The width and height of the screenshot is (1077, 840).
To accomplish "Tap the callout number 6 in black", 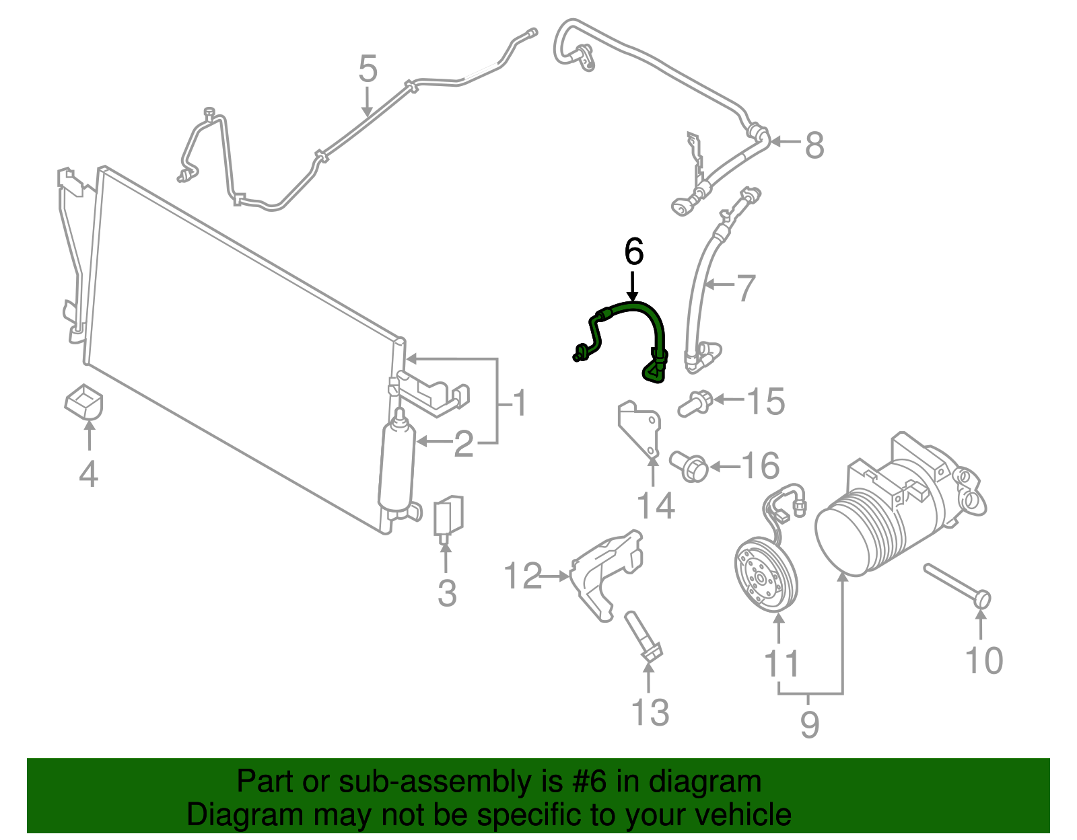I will (633, 252).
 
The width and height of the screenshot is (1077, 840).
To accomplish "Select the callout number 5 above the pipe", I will (368, 69).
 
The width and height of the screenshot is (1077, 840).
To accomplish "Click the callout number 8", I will (814, 145).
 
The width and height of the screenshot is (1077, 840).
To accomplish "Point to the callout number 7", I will (746, 288).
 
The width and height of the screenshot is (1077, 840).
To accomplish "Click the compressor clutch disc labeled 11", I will (764, 575).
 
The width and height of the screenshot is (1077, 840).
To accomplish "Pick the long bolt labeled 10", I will (956, 584).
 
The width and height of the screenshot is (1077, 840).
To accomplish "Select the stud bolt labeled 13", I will (643, 636).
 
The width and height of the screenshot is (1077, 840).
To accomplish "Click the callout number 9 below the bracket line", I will (809, 725).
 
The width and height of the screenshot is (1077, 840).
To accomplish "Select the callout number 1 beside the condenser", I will (519, 404).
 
